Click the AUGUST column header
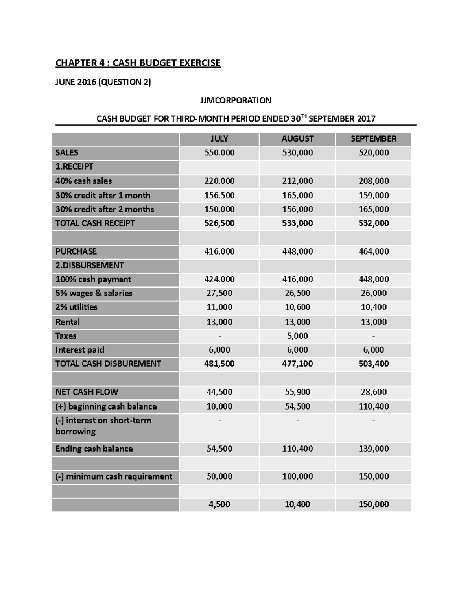297,139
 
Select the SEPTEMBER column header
373,139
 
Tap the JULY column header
219,139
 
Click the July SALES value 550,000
219,153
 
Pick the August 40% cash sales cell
297,181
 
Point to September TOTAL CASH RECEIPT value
373,223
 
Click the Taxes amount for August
297,336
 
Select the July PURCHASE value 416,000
219,251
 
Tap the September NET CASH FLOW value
373,392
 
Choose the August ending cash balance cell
297,449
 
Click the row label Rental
68,322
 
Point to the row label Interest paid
80,350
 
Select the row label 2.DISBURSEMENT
90,265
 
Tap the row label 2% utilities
76,307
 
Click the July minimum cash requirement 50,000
219,476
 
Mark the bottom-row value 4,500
219,504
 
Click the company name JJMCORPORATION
236,100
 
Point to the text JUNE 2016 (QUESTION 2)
103,82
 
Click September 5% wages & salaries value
373,293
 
